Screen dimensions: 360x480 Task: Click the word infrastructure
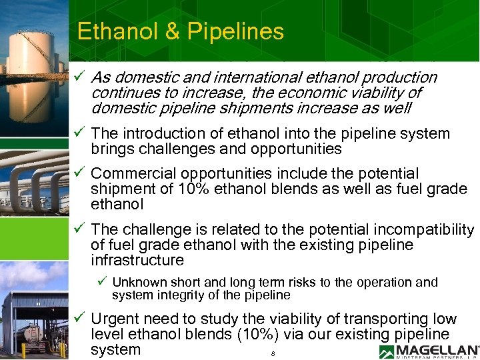coord(137,260)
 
